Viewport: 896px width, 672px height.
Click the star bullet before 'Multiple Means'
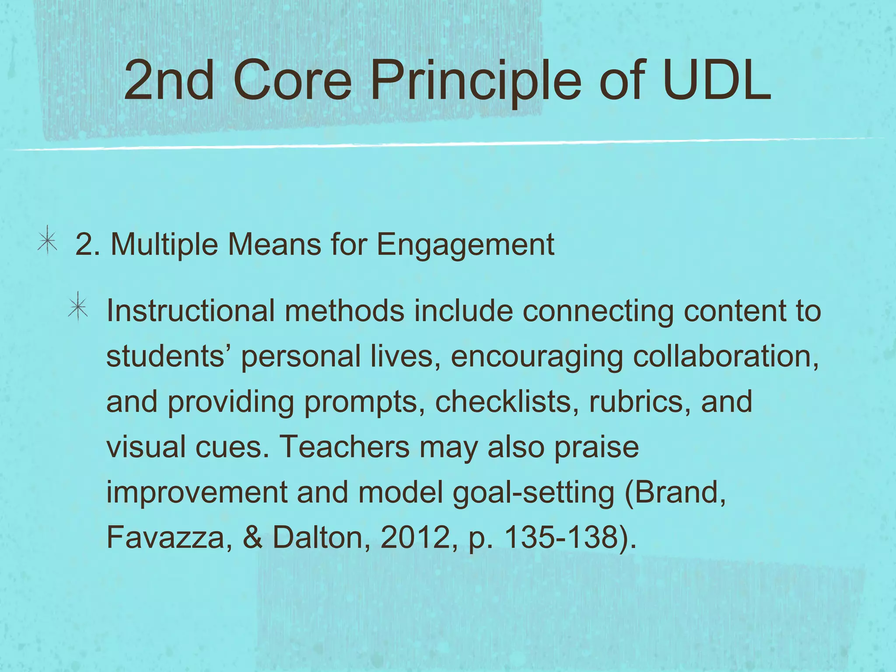click(47, 241)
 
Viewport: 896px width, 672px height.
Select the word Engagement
click(465, 245)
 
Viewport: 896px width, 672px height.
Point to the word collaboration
click(726, 356)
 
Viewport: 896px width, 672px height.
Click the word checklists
click(504, 402)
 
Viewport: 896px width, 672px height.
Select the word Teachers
click(344, 447)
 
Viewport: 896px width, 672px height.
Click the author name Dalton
click(318, 537)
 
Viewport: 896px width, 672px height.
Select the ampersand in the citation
click(252, 537)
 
